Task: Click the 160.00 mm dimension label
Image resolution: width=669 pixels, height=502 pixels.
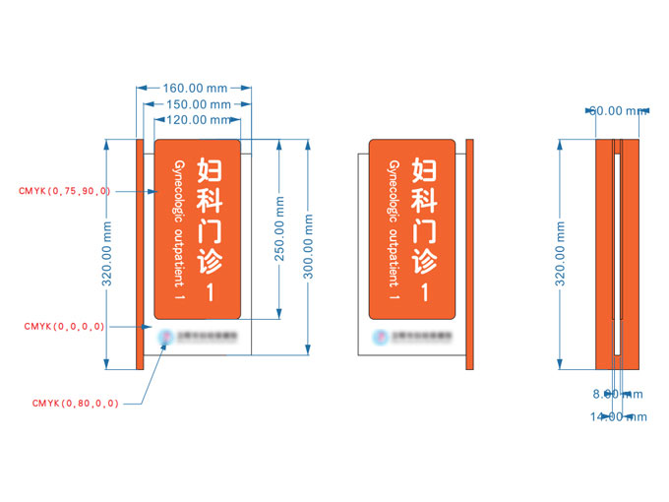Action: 193,88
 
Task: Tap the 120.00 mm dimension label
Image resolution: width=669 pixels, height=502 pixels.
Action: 193,120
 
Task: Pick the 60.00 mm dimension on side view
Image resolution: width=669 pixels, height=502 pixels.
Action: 619,110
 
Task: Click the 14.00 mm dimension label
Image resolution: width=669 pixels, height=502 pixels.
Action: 619,416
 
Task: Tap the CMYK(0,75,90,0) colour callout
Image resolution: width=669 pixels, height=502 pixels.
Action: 65,190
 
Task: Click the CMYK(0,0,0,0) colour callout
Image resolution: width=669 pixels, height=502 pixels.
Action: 65,326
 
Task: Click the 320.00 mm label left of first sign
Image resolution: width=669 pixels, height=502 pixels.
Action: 108,253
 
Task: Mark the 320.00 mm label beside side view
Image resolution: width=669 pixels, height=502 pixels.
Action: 561,253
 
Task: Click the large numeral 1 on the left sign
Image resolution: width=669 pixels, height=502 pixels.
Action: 209,292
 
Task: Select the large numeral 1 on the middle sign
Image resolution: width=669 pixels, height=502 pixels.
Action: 424,292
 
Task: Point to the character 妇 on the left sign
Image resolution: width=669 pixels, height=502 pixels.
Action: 209,169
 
